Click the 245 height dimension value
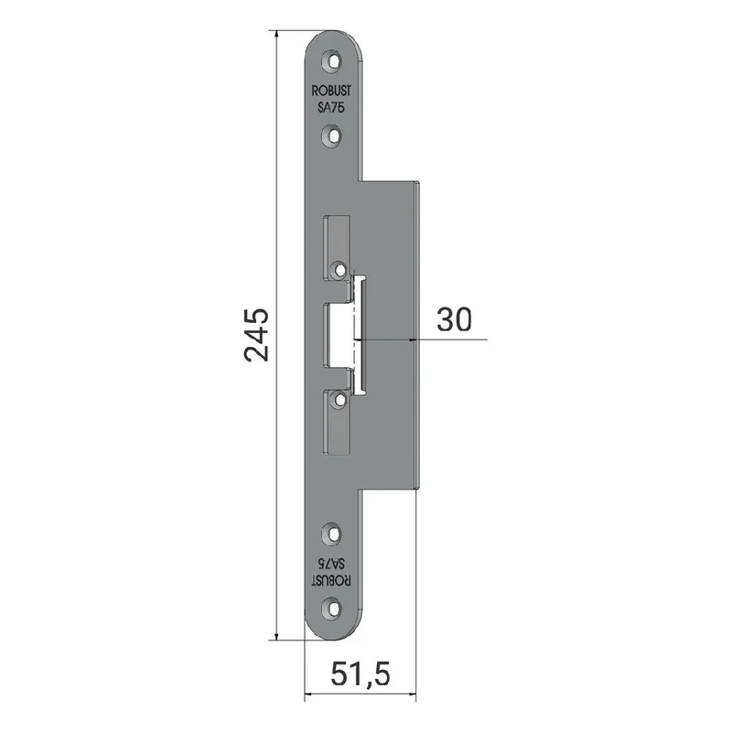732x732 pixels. pyautogui.click(x=256, y=335)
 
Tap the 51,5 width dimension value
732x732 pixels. pyautogui.click(x=360, y=674)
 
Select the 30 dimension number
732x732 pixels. pyautogui.click(x=454, y=320)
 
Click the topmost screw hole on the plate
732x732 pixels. pyautogui.click(x=332, y=61)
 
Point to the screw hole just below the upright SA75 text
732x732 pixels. pyautogui.click(x=332, y=135)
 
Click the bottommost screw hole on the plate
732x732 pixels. pyautogui.click(x=332, y=608)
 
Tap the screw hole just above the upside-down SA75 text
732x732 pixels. pyautogui.click(x=332, y=534)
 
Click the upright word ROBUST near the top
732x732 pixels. pyautogui.click(x=331, y=91)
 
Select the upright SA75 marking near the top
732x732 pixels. pyautogui.click(x=331, y=107)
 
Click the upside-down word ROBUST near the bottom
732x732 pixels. pyautogui.click(x=331, y=580)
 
